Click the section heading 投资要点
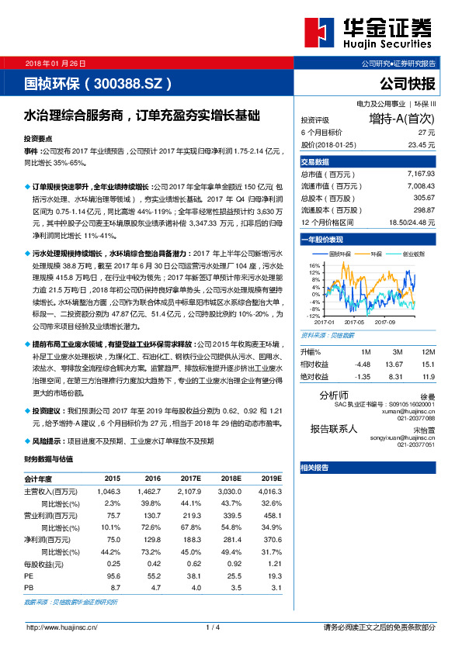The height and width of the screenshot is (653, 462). coord(40,136)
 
